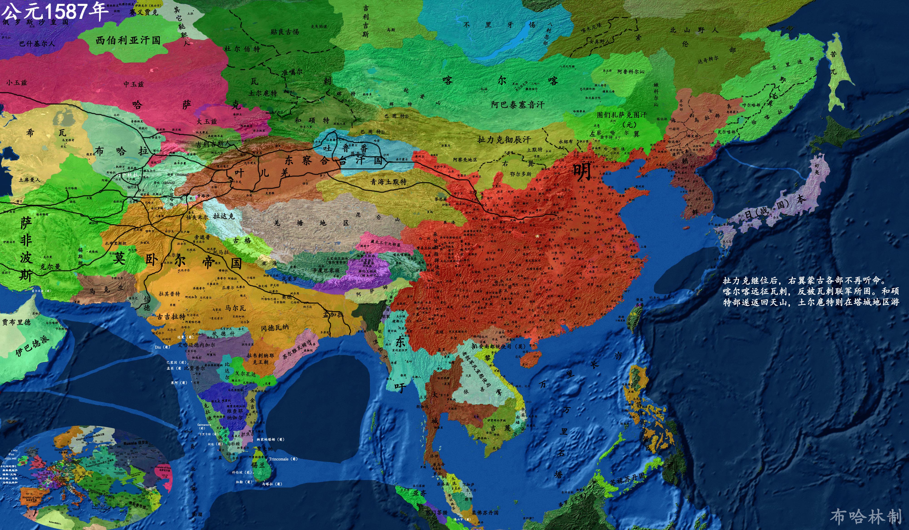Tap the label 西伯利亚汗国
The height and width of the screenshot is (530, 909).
click(128, 40)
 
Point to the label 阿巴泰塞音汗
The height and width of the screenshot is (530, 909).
click(518, 105)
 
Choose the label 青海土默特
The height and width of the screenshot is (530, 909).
click(389, 182)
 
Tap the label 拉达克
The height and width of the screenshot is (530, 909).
click(224, 216)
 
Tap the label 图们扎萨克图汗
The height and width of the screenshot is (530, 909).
click(622, 115)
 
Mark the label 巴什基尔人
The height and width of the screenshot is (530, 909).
click(37, 44)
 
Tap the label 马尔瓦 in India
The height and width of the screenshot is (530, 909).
click(235, 308)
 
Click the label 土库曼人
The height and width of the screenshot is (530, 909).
click(30, 179)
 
